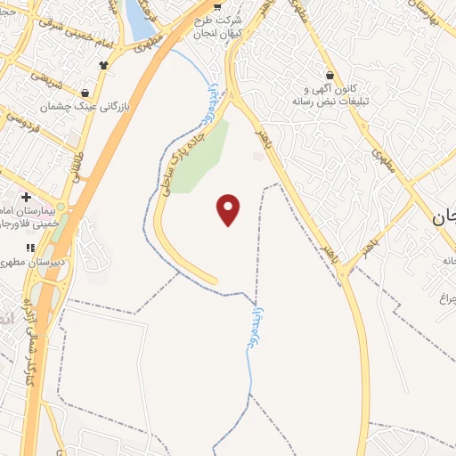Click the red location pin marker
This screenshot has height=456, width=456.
point(229,209)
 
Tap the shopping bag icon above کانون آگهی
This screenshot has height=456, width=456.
point(330,76)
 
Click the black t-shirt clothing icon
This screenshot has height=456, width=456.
point(104,64)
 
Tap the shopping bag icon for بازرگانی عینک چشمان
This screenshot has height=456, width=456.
point(85,92)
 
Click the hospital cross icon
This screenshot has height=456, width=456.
point(26,197)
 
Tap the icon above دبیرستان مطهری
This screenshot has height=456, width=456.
point(30,248)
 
